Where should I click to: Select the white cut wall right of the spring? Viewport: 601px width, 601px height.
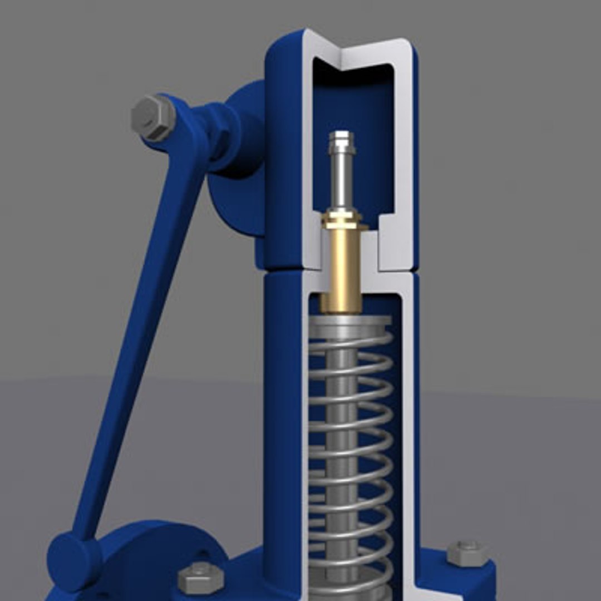pos(406,417)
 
